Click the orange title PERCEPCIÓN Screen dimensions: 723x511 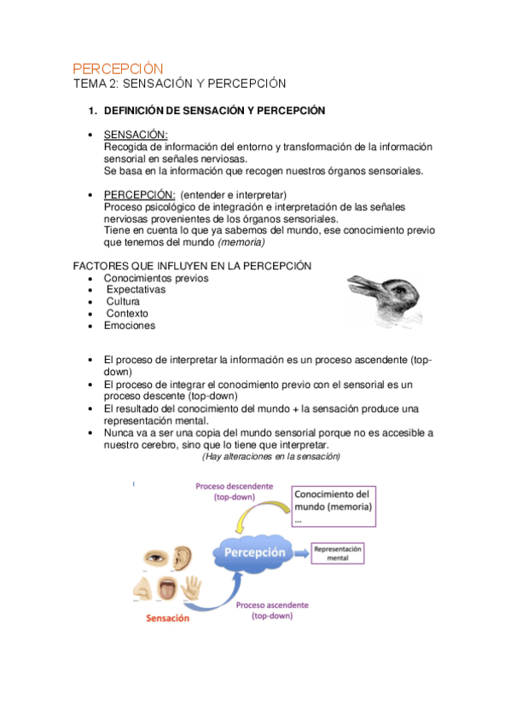(117, 68)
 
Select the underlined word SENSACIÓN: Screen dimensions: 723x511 (135, 135)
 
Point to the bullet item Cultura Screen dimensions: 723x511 (123, 302)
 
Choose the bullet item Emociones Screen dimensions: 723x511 (130, 326)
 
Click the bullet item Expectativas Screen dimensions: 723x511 (136, 290)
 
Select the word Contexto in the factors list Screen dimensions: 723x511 (127, 314)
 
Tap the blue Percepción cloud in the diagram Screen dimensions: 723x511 (254, 552)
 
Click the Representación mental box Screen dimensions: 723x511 (339, 553)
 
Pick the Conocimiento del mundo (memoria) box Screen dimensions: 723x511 (335, 506)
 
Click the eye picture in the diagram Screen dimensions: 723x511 (157, 558)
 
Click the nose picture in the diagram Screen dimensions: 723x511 (142, 588)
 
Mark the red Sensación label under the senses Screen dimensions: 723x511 (167, 618)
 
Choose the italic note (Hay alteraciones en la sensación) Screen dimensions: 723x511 (270, 457)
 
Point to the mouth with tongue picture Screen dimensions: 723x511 (166, 589)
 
